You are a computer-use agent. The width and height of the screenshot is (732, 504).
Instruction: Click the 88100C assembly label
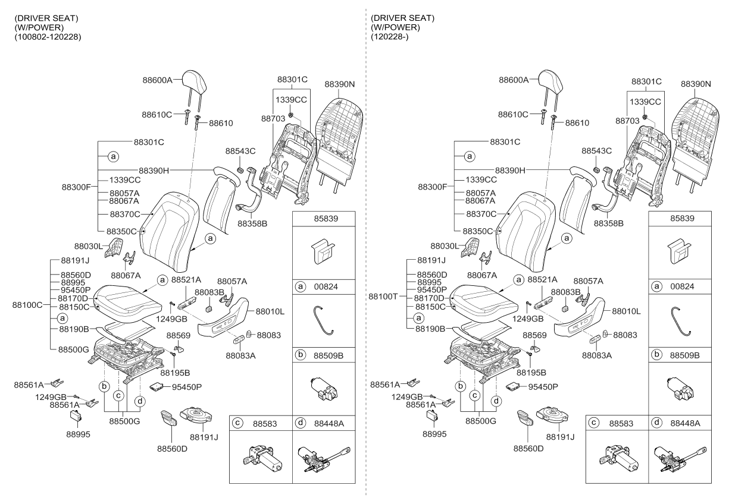(x=27, y=305)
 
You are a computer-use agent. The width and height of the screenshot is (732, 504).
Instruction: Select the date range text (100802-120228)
(x=48, y=37)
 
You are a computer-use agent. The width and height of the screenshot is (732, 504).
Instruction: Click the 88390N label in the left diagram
(x=340, y=84)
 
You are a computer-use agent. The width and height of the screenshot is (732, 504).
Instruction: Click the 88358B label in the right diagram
(x=609, y=223)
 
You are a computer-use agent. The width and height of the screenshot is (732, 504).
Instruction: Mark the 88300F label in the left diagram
(x=76, y=187)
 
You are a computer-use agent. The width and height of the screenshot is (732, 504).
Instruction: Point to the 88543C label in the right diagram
(x=596, y=152)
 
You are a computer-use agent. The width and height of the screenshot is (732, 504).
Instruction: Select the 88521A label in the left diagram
(x=186, y=279)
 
